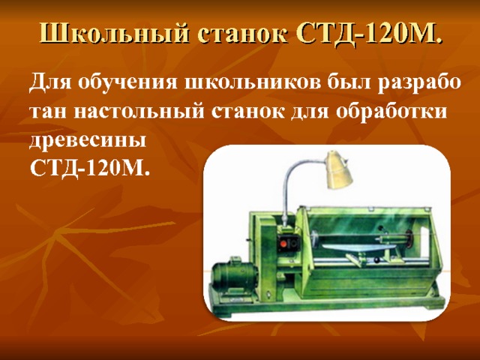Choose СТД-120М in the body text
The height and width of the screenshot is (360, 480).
[89, 168]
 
